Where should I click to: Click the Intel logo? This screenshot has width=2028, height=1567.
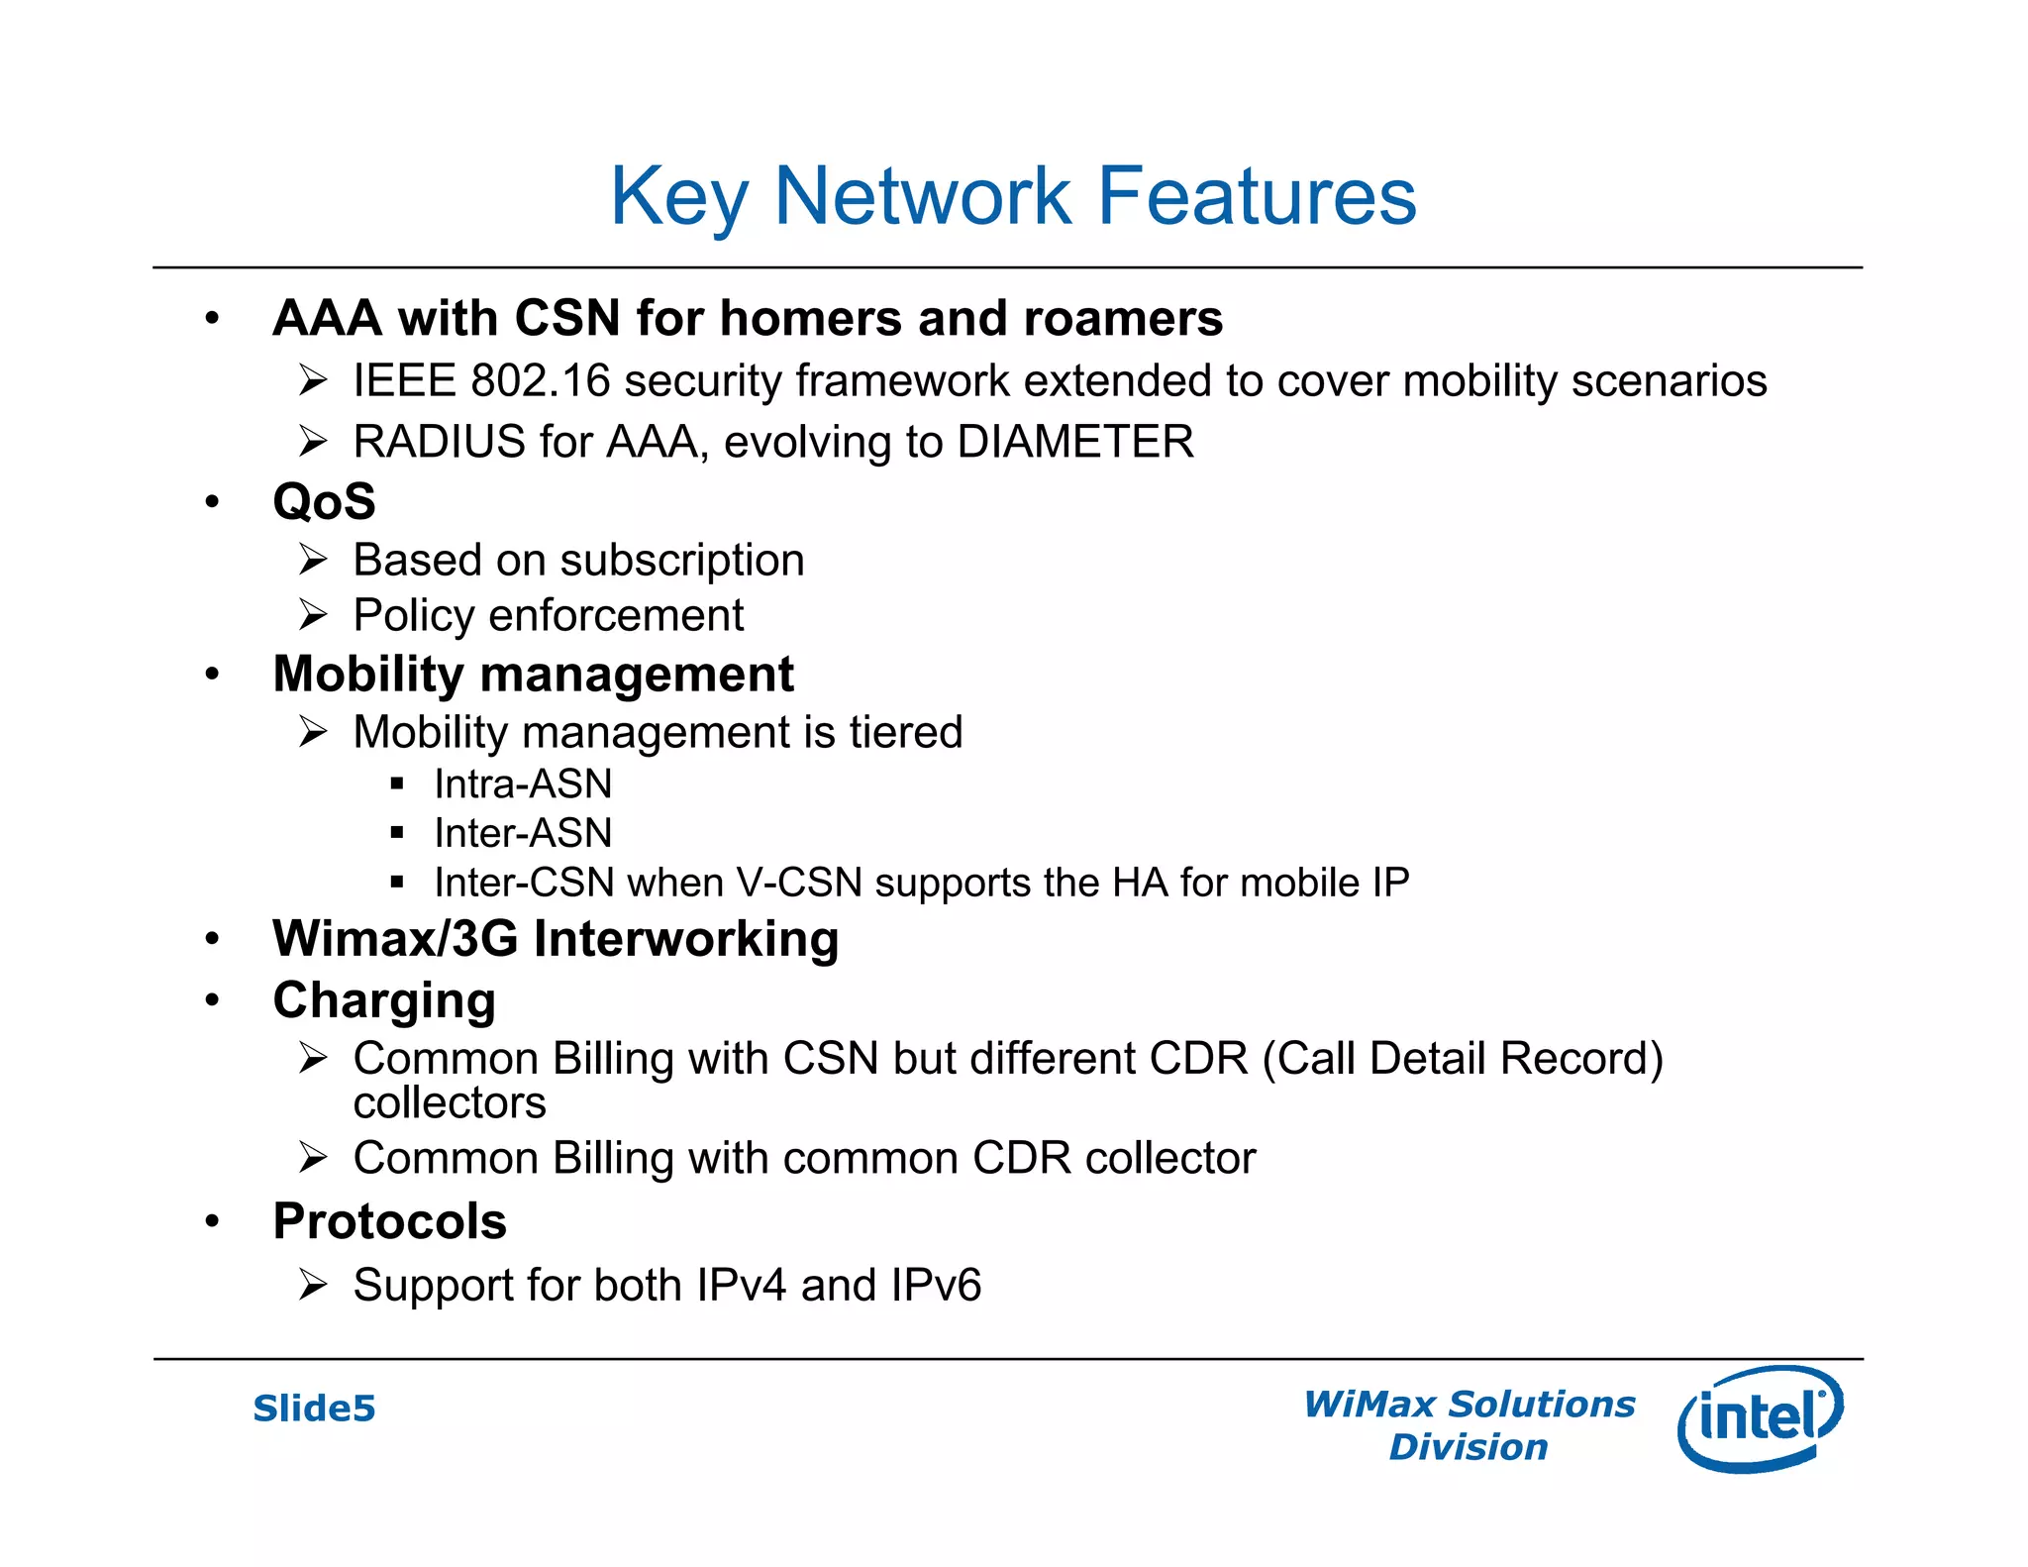tap(1761, 1418)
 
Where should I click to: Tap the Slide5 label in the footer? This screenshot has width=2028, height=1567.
tap(314, 1409)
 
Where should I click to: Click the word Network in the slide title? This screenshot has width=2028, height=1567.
tap(921, 196)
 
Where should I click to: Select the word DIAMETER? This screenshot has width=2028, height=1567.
tap(1075, 442)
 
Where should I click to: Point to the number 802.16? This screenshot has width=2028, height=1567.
tap(541, 381)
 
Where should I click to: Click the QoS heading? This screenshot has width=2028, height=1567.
tap(324, 501)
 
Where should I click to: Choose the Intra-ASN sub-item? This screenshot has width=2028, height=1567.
tap(523, 784)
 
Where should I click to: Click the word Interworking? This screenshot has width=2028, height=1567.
tap(686, 939)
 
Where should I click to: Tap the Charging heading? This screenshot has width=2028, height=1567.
tap(384, 1000)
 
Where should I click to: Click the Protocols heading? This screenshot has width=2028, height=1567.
tap(389, 1221)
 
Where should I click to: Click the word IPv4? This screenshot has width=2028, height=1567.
tap(742, 1286)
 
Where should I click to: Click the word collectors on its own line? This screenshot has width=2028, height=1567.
tap(450, 1103)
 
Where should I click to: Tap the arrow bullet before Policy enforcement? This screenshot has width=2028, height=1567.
tap(313, 615)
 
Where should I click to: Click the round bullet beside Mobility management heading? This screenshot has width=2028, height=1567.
tap(212, 675)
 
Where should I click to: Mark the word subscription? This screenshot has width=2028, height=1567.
tap(682, 562)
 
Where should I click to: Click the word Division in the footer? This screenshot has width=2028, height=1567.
tap(1468, 1447)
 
